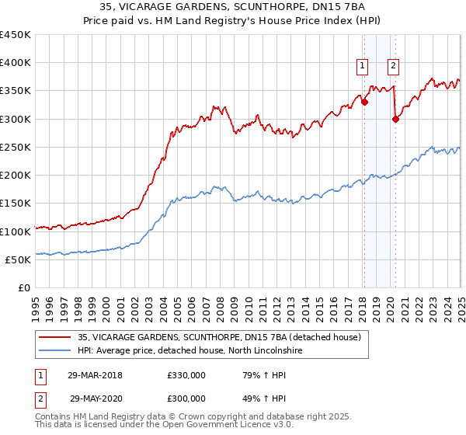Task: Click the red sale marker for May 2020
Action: pyautogui.click(x=395, y=119)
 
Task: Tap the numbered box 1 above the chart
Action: pyautogui.click(x=363, y=66)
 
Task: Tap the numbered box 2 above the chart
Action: pyautogui.click(x=394, y=66)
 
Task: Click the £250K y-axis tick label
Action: pyautogui.click(x=16, y=148)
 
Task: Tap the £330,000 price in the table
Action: pyautogui.click(x=186, y=375)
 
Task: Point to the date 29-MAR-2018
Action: pyautogui.click(x=95, y=375)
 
